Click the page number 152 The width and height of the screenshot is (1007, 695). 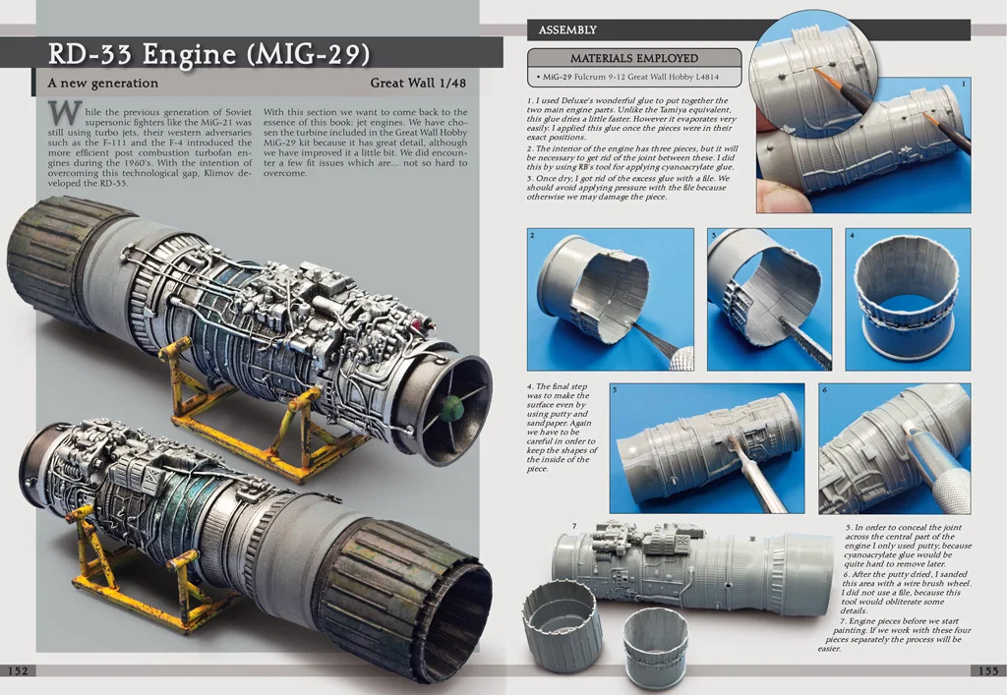point(18,670)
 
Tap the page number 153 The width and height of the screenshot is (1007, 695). point(988,670)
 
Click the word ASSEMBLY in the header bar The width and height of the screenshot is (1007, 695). point(567,30)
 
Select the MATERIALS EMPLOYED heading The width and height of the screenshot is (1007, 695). point(634,58)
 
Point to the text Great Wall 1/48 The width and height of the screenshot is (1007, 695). point(418,83)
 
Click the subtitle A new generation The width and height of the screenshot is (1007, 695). point(102,83)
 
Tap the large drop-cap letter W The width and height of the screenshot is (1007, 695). point(66,113)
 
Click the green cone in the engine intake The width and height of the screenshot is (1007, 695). point(453,406)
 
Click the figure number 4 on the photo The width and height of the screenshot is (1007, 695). point(853,236)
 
